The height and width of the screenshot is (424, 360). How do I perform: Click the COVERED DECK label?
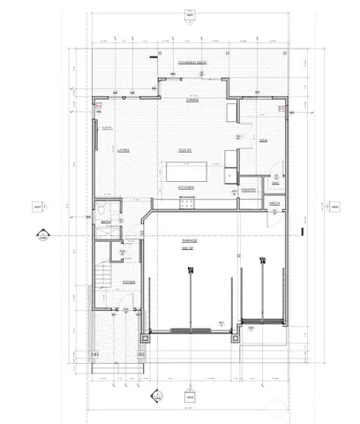(x=191, y=64)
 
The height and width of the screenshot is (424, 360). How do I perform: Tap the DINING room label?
(x=191, y=100)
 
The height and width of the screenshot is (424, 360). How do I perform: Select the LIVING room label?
(x=124, y=150)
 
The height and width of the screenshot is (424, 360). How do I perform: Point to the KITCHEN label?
(x=185, y=188)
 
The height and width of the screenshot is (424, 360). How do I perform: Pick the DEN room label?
(x=263, y=141)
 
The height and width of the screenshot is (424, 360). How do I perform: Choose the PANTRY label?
(x=248, y=189)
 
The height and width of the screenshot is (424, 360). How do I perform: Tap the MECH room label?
(x=274, y=204)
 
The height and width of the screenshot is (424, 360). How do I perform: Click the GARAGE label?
(x=189, y=238)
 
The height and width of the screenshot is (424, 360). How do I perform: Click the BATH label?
(x=104, y=221)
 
